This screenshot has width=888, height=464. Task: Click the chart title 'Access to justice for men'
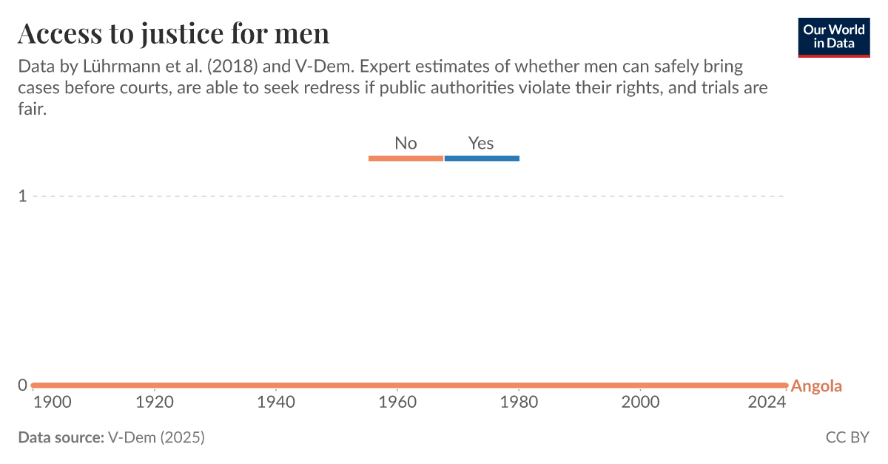tap(173, 33)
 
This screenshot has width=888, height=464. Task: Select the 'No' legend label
tap(406, 143)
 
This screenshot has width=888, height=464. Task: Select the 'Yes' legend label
tap(481, 143)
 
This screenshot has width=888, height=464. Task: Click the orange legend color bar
tap(406, 158)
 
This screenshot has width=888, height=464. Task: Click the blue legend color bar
tap(482, 158)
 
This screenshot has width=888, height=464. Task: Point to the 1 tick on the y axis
tap(22, 196)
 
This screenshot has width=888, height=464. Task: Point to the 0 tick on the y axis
tap(22, 385)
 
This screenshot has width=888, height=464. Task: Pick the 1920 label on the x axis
tap(154, 403)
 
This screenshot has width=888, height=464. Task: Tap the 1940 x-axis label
tap(276, 403)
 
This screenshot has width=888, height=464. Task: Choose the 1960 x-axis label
tap(397, 403)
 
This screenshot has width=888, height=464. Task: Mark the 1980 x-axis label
tap(519, 403)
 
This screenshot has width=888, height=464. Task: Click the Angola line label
tap(816, 386)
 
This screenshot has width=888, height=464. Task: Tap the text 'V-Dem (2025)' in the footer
tap(156, 437)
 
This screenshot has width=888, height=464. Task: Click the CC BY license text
tap(847, 437)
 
